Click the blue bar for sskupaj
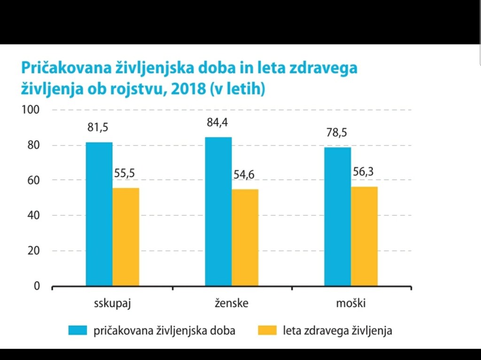pyautogui.click(x=99, y=214)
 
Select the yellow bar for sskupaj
pyautogui.click(x=126, y=237)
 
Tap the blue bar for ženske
pyautogui.click(x=218, y=211)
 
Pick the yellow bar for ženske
pyautogui.click(x=245, y=237)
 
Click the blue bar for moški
pyautogui.click(x=338, y=216)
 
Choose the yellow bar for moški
pyautogui.click(x=365, y=236)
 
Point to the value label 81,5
pyautogui.click(x=98, y=127)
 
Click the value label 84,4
pyautogui.click(x=217, y=123)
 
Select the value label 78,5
pyautogui.click(x=337, y=133)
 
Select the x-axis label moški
pyautogui.click(x=350, y=303)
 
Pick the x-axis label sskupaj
pyautogui.click(x=112, y=303)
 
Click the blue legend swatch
pyautogui.click(x=78, y=330)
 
